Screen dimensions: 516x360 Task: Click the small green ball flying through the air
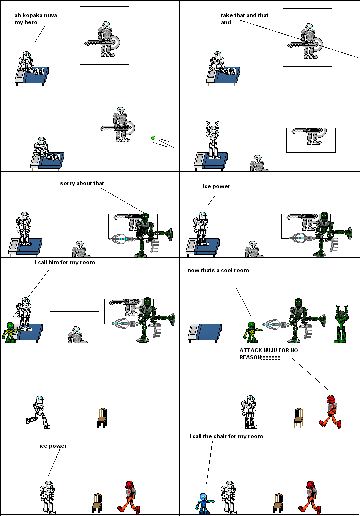(x=154, y=138)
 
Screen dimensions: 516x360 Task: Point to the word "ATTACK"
(x=251, y=350)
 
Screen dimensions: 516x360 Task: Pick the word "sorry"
(x=68, y=183)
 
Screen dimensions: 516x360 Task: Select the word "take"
(x=227, y=15)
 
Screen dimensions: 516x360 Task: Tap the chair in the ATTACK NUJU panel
(x=299, y=417)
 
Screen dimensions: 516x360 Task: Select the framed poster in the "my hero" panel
(x=104, y=35)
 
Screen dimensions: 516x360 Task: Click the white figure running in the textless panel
(x=38, y=412)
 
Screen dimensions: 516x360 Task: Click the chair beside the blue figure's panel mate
(x=278, y=503)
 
